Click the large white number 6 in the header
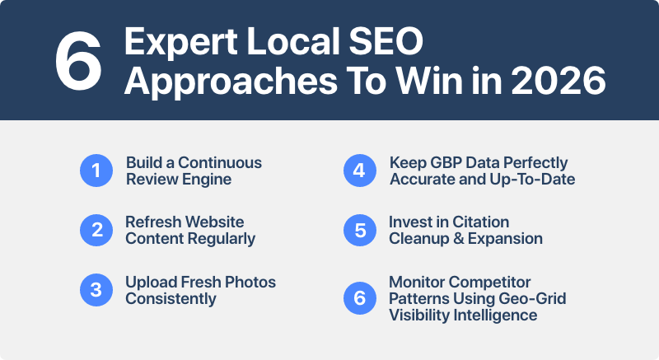point(77,61)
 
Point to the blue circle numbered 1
point(96,171)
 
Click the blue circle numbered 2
point(96,231)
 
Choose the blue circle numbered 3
point(96,290)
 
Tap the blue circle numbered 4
point(359,171)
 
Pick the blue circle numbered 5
point(359,231)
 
